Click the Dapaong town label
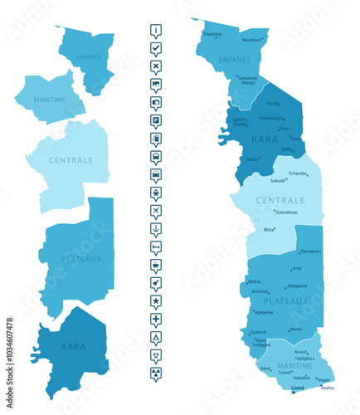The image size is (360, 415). tap(212, 34)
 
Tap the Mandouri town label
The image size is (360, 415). tap(251, 40)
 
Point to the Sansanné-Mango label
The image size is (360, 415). tap(248, 81)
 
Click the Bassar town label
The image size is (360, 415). tap(252, 159)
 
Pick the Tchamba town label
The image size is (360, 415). tap(297, 173)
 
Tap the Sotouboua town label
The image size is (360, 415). tap(286, 212)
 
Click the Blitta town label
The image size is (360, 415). tap(269, 230)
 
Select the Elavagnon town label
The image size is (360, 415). tap(310, 251)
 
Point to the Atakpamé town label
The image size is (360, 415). tap(296, 286)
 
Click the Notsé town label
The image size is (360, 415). tap(296, 330)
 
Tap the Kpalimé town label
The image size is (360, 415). tap(259, 332)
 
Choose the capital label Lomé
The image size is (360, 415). tap(298, 388)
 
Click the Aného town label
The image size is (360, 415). tap(328, 388)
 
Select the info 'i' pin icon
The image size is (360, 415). tap(156, 31)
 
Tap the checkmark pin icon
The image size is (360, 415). tap(156, 49)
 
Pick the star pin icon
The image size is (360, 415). tap(156, 300)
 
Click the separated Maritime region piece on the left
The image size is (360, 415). tap(50, 100)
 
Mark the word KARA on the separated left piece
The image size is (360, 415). tap(73, 347)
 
